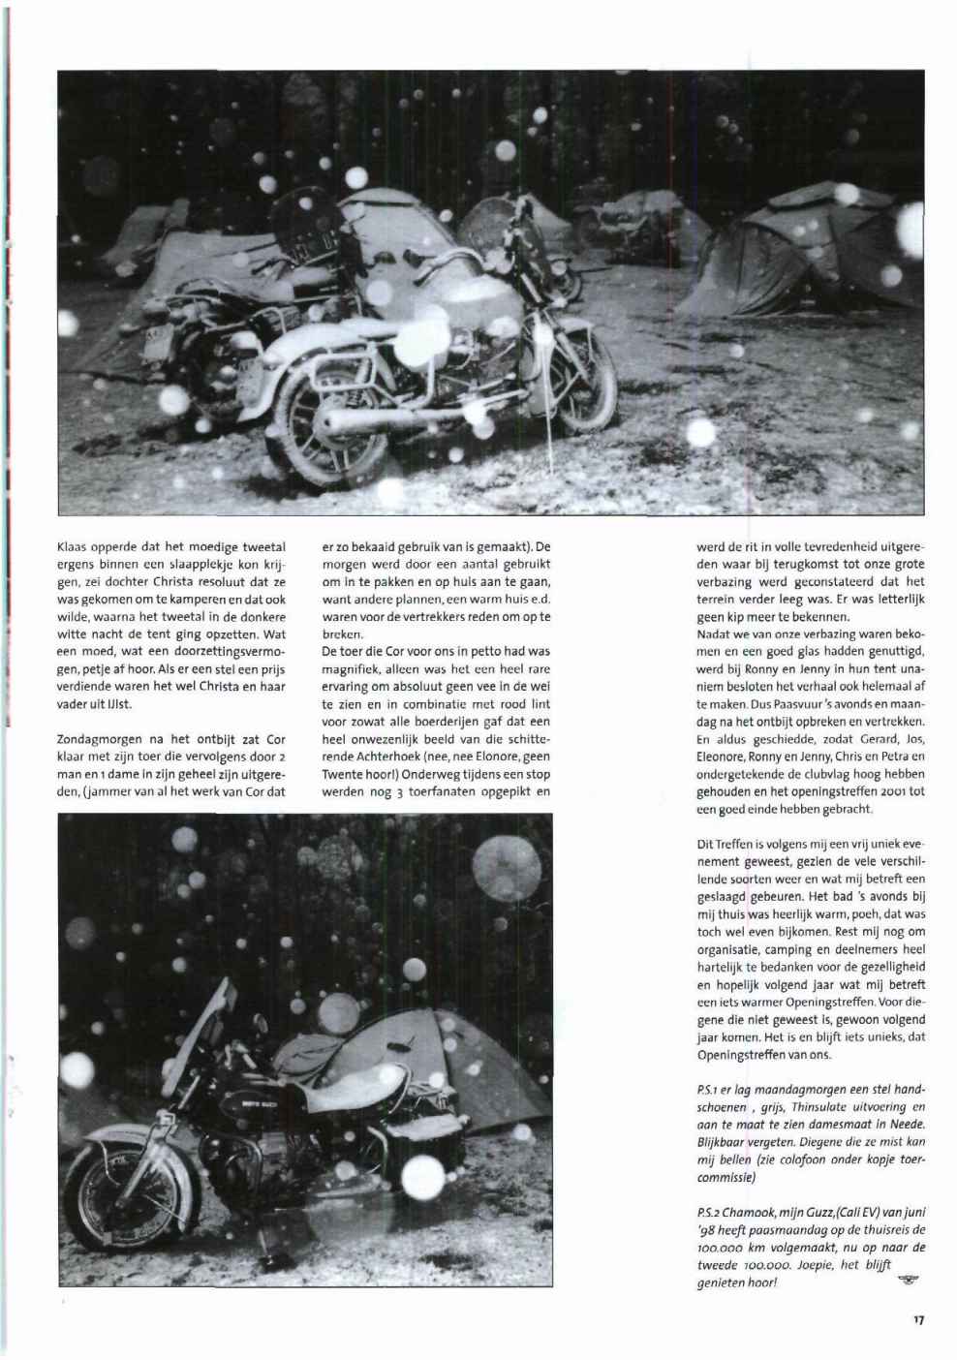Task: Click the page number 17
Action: click(x=918, y=1317)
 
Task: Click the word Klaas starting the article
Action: click(x=73, y=547)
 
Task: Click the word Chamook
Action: click(x=751, y=1212)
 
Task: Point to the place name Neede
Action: click(x=907, y=1123)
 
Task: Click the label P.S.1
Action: click(x=710, y=1089)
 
